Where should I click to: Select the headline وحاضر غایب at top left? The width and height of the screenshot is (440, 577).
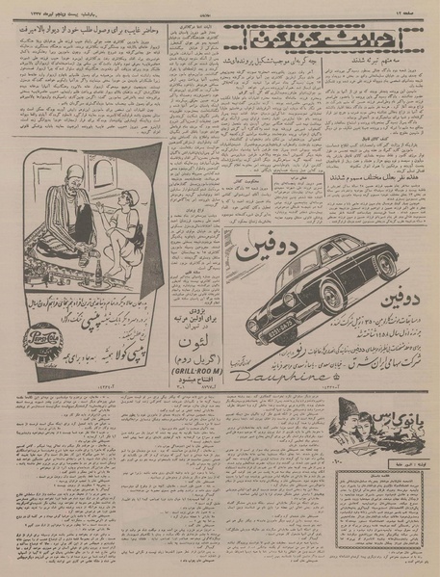[x=87, y=30]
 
